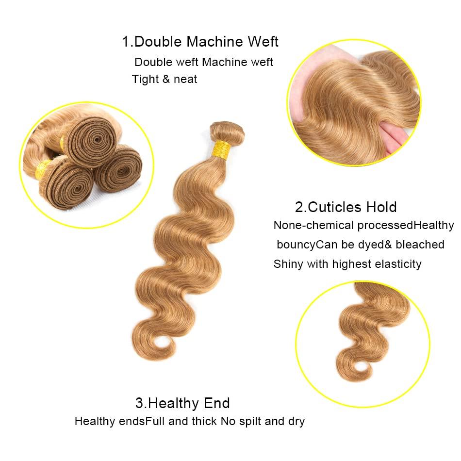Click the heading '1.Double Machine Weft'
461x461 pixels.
click(200, 42)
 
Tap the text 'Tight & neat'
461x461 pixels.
click(165, 79)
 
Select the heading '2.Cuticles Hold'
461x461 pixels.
click(346, 207)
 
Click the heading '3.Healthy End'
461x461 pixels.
click(182, 403)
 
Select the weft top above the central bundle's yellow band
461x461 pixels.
click(227, 131)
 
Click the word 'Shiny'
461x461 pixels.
click(288, 264)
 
